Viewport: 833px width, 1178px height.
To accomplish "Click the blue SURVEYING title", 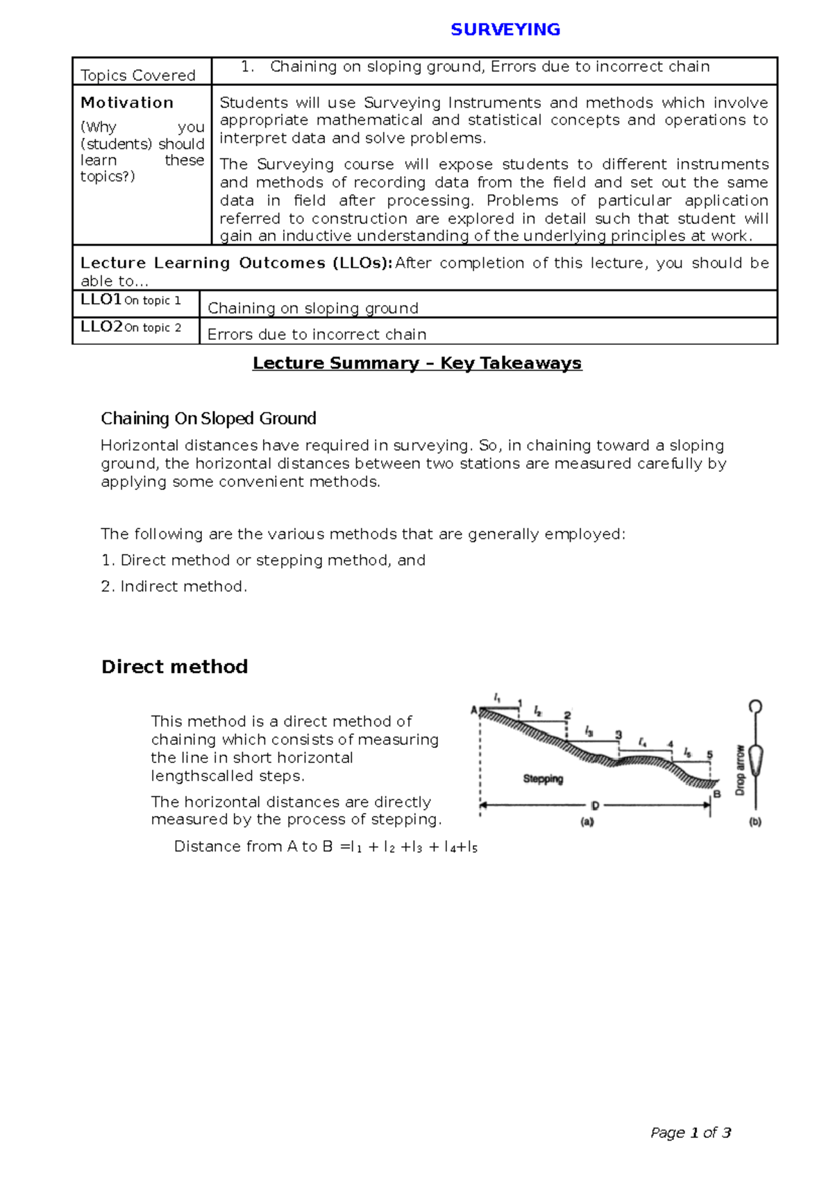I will tap(505, 30).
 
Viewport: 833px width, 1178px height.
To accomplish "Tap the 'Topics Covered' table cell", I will tap(138, 75).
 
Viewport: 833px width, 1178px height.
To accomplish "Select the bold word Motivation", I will tap(127, 103).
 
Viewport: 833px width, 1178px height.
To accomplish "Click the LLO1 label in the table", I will tap(101, 300).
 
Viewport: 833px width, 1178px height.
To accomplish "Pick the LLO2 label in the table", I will tap(102, 327).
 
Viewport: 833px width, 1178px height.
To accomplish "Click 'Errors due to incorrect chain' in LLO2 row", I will tap(317, 334).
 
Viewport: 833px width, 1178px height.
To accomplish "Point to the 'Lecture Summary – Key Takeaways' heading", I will tap(417, 363).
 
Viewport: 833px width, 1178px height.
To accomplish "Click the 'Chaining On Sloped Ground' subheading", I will tap(208, 418).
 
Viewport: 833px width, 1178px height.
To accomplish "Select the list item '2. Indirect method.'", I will tap(174, 586).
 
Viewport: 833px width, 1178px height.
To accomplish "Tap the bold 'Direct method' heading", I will tap(174, 667).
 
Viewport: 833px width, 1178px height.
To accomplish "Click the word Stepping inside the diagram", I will tap(543, 778).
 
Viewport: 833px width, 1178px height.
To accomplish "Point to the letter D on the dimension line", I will tap(595, 805).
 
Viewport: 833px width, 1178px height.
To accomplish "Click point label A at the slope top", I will tap(474, 710).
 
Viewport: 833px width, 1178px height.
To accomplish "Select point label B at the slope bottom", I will tap(717, 794).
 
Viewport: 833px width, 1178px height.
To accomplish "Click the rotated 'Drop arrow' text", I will tap(740, 770).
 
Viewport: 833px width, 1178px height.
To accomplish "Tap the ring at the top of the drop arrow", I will tap(755, 707).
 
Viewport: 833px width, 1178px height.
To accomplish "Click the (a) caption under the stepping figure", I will tap(587, 822).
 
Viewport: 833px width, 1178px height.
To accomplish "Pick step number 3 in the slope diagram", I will tap(619, 735).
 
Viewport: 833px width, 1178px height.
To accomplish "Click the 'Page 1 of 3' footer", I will tap(691, 1133).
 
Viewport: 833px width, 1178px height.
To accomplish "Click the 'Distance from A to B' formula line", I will tap(325, 846).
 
